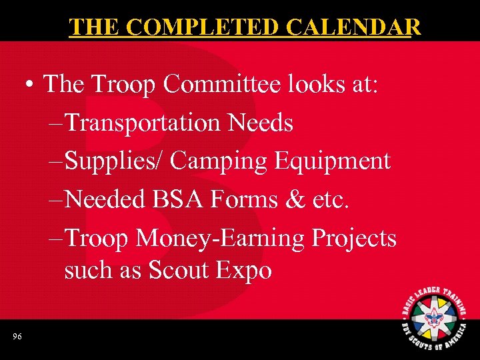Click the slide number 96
point(17,337)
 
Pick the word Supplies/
point(117,161)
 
